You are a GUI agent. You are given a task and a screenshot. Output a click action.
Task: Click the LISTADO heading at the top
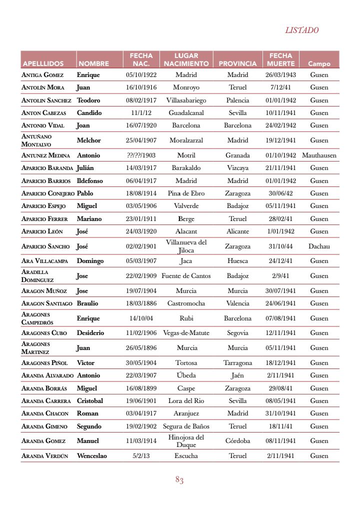[x=301, y=30]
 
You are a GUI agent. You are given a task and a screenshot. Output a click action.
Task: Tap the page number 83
[x=179, y=480]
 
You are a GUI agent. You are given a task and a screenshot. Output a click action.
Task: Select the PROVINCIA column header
[x=237, y=63]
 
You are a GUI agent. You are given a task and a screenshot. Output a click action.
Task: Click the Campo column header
[x=319, y=63]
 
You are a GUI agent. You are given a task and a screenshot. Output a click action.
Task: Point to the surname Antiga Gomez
[x=42, y=75]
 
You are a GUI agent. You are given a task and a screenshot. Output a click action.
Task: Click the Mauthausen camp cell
[x=319, y=155]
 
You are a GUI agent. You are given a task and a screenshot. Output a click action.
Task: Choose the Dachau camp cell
[x=319, y=246]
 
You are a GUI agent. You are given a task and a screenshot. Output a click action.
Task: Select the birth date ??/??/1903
[x=141, y=155]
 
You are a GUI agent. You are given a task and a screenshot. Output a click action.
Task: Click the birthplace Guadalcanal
[x=186, y=113]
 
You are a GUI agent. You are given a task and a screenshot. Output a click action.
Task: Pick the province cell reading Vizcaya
[x=237, y=168]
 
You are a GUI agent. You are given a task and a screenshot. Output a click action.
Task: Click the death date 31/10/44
[x=280, y=246]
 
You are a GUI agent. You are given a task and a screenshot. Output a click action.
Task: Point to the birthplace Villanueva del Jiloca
[x=186, y=246]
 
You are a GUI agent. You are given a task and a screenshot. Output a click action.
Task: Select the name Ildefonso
[x=90, y=181]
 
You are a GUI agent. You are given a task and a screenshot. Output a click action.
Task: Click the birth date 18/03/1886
[x=141, y=303]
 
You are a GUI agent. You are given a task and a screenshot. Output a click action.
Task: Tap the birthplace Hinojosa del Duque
[x=186, y=440]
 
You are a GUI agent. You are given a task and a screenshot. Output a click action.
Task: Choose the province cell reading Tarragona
[x=237, y=363]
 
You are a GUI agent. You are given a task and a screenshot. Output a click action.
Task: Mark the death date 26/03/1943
[x=280, y=75]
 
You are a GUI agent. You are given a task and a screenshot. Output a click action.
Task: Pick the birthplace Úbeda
[x=186, y=375]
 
